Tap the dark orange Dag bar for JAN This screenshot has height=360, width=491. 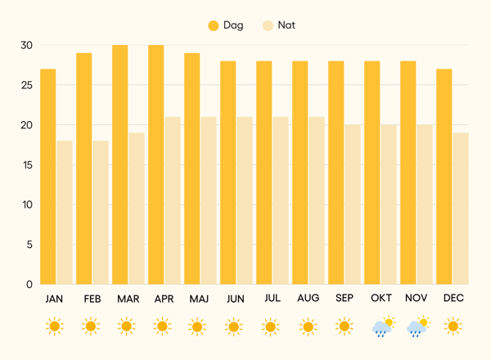coord(47,176)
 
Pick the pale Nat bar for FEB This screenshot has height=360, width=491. coord(100,212)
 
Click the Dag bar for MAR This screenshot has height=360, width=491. coord(119,164)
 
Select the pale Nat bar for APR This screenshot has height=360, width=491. coord(172,200)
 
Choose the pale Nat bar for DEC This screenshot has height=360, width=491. coord(460,208)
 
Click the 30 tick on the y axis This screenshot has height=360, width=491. coord(27,45)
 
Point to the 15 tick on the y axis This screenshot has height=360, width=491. coord(27,164)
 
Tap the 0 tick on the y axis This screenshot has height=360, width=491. coord(29,284)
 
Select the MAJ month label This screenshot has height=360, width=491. coord(199,299)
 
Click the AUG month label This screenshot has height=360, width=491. coord(308,299)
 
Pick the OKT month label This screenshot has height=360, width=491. coord(381,299)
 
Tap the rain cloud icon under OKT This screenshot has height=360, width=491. coord(381,327)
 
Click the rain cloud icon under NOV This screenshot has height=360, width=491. coord(417,327)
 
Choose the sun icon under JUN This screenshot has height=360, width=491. coord(234,327)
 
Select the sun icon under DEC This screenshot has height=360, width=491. coord(453,327)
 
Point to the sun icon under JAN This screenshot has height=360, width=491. coord(54,327)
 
